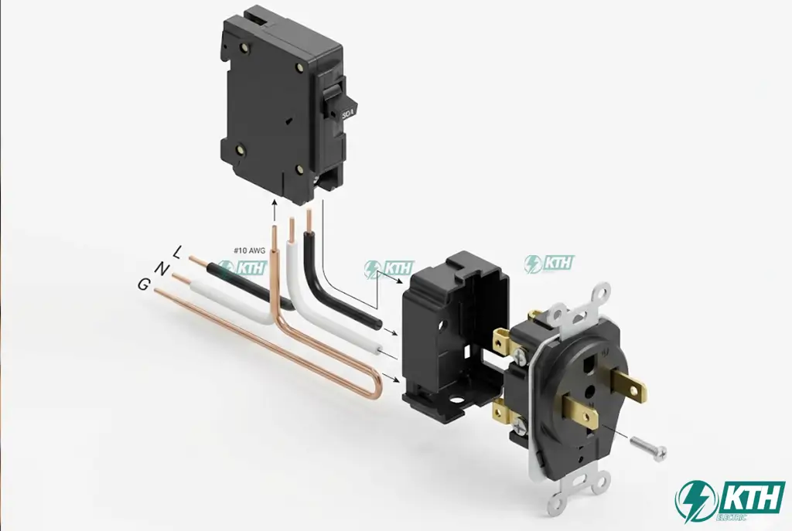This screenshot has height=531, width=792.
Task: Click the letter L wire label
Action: click(179, 251)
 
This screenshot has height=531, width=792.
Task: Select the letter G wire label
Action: click(144, 284)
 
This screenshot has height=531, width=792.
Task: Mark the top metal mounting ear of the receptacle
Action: click(597, 297)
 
